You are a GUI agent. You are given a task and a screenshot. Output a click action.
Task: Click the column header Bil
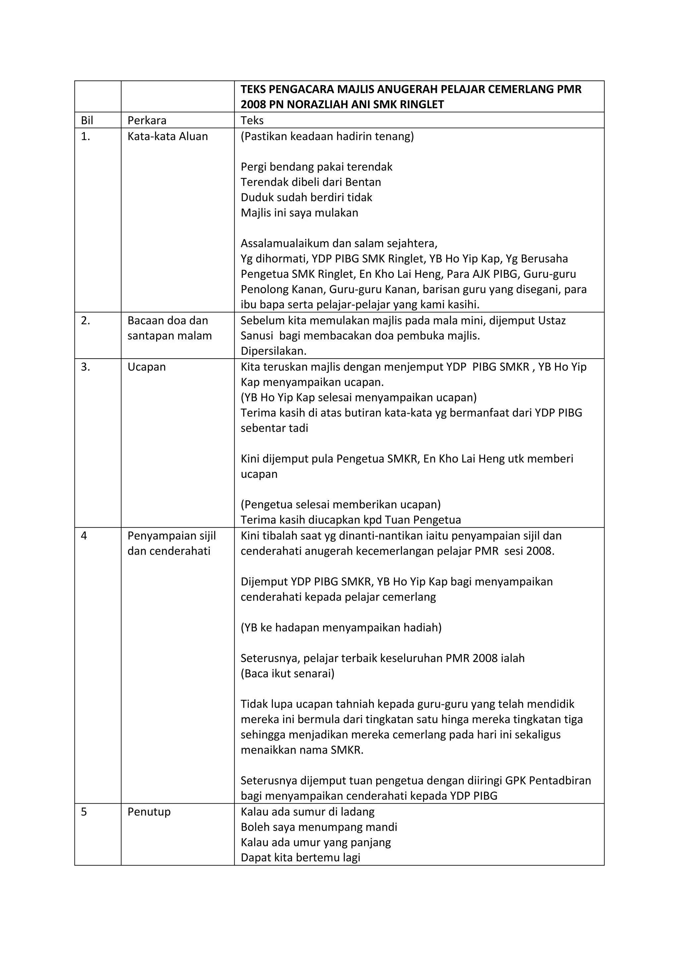click(x=87, y=121)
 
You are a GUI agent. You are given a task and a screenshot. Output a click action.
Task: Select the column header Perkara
click(x=147, y=121)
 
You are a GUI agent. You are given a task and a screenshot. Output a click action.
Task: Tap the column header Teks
click(x=252, y=121)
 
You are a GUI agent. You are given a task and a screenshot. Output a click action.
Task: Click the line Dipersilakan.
click(x=274, y=351)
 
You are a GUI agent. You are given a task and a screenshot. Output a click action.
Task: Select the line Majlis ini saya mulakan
click(x=299, y=213)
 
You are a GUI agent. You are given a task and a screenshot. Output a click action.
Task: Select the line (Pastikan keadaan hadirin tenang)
click(x=327, y=136)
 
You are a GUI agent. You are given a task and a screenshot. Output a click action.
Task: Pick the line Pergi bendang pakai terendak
click(x=317, y=167)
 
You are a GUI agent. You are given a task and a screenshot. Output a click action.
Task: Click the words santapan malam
click(x=169, y=336)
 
